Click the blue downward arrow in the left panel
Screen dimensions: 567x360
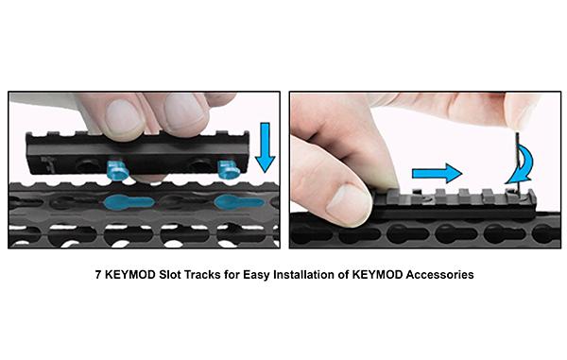coord(265,147)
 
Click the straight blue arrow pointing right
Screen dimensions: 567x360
coord(437,173)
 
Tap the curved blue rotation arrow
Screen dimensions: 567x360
coord(521,166)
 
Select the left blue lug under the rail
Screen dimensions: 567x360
coord(117,171)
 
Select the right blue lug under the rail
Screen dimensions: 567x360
coord(228,169)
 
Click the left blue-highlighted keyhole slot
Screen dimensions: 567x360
coord(129,202)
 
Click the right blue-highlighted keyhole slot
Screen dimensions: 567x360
coord(238,202)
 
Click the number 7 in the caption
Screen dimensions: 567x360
coord(98,275)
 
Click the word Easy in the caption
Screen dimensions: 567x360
coord(256,275)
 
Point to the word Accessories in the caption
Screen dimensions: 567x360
coord(439,275)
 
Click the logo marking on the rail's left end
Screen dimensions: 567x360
coord(46,163)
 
